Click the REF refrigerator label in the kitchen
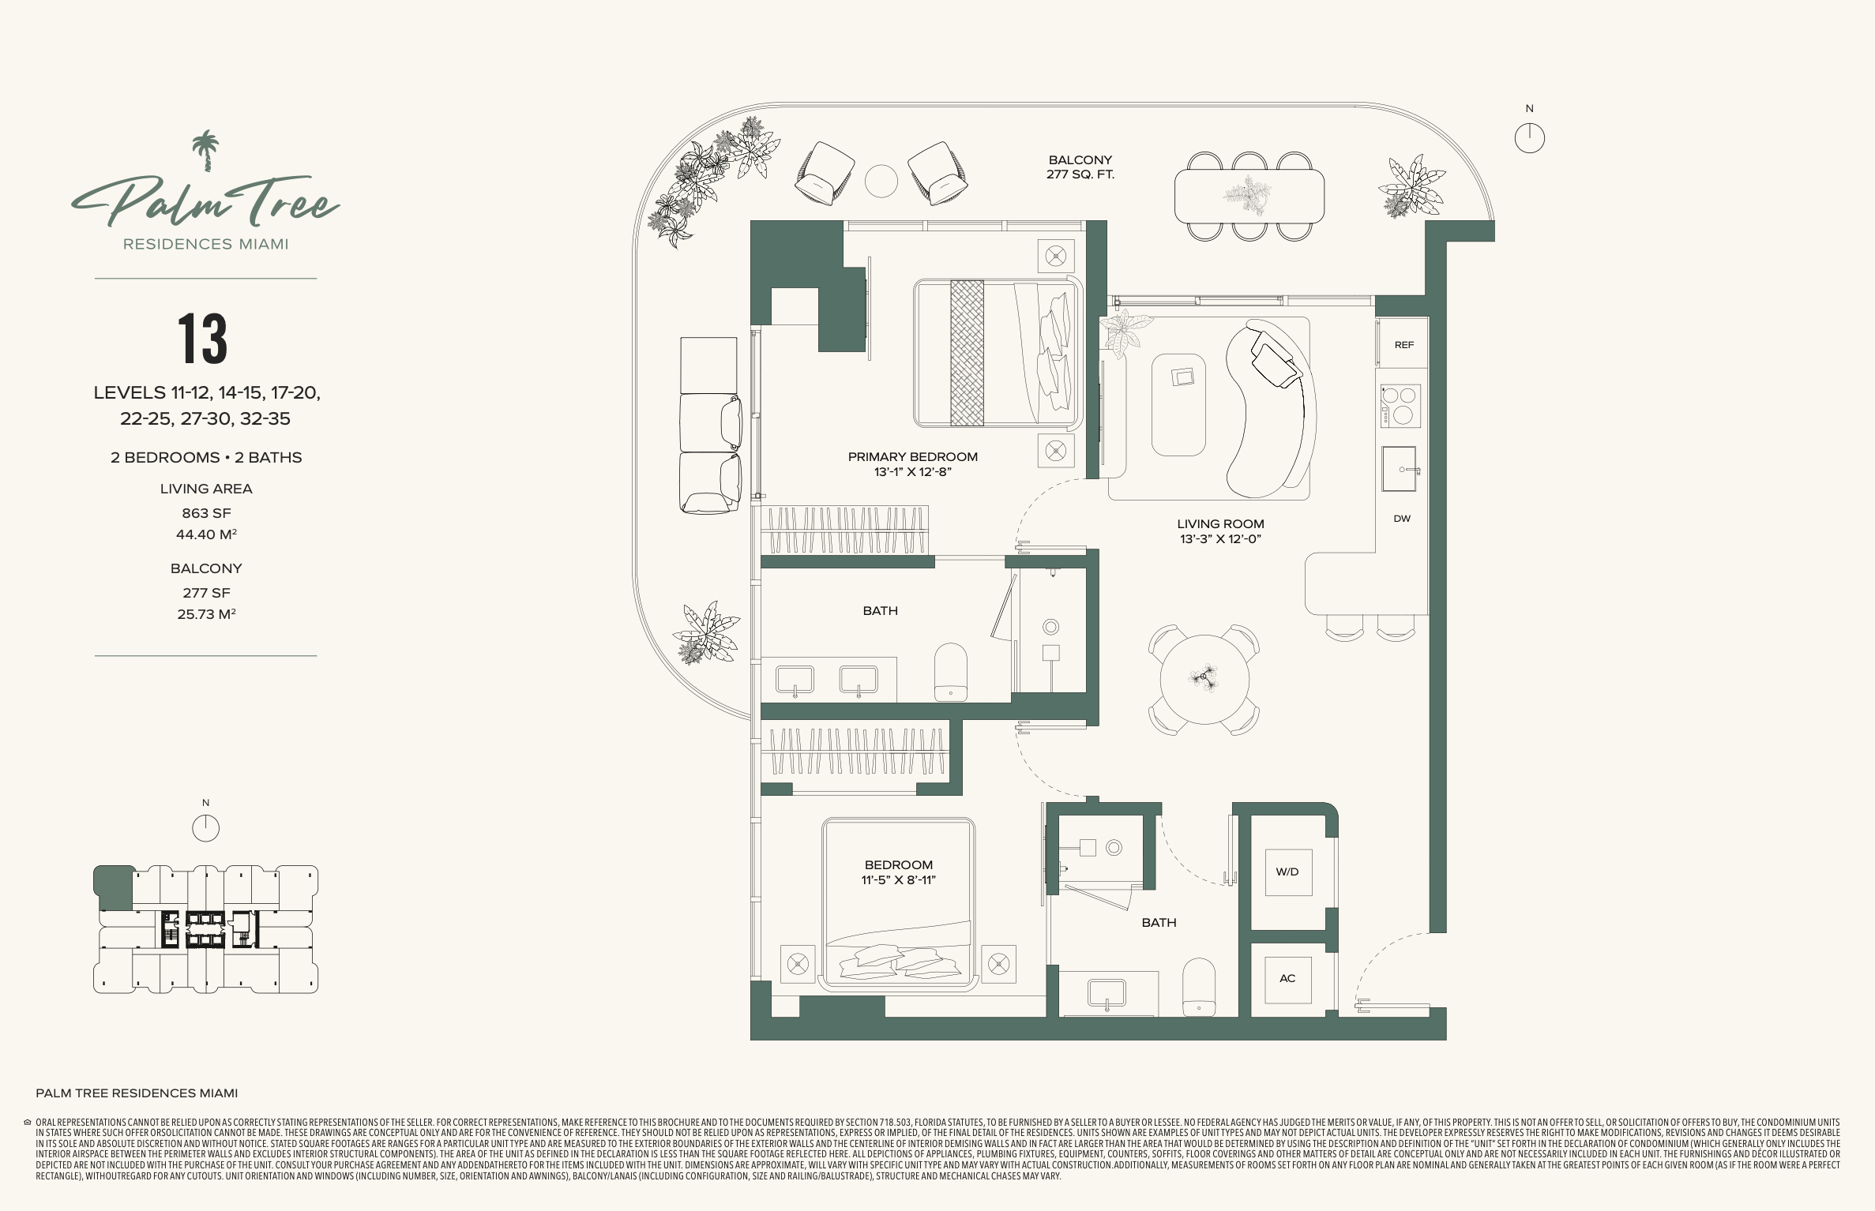(x=1403, y=345)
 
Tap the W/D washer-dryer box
(x=1288, y=872)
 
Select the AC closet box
(x=1287, y=979)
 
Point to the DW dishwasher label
(x=1402, y=519)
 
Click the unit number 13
(x=203, y=339)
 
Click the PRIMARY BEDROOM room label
(x=913, y=457)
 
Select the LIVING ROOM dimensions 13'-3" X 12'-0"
(x=1220, y=539)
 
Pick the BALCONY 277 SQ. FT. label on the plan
(x=1080, y=167)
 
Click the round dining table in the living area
(x=1204, y=679)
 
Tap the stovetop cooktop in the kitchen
(x=1400, y=406)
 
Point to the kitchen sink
(x=1400, y=469)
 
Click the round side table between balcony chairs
(x=881, y=182)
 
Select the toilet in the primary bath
(x=951, y=672)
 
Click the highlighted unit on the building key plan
(x=115, y=887)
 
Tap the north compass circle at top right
(x=1530, y=138)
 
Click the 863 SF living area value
(x=206, y=513)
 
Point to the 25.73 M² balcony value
(x=206, y=614)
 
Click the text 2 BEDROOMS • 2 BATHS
(x=206, y=458)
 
